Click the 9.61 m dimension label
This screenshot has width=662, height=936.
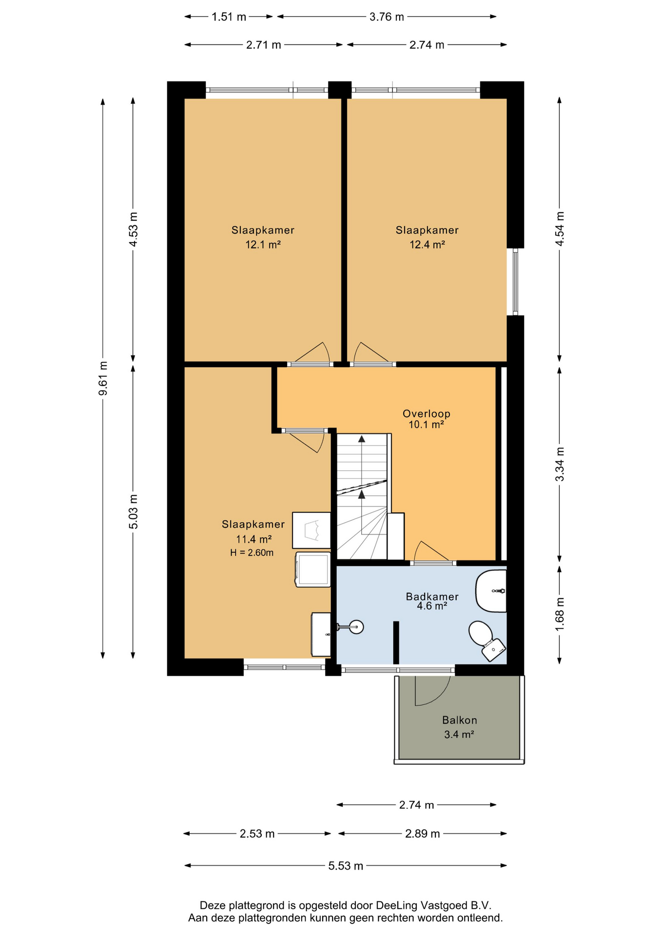pos(103,378)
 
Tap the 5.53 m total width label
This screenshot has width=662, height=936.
pos(346,866)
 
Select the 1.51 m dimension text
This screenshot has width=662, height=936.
pos(229,17)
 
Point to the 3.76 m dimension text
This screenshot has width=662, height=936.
pos(387,17)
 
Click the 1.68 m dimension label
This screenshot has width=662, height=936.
pos(560,614)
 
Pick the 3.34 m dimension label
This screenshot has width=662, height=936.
pos(560,464)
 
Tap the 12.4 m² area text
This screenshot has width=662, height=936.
pos(427,245)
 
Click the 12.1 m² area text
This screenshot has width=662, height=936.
pos(263,245)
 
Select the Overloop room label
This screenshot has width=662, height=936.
pos(426,413)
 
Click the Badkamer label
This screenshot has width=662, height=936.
pos(432,596)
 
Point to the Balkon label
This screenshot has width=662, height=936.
pos(459,720)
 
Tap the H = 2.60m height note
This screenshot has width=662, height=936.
pos(252,553)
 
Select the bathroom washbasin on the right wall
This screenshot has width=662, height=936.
pos(491,591)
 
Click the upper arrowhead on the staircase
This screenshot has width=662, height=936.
pos(362,439)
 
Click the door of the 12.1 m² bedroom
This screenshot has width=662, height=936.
pos(312,353)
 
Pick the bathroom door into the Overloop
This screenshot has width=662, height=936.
pos(432,552)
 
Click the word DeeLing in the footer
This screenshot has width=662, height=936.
pos(397,906)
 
